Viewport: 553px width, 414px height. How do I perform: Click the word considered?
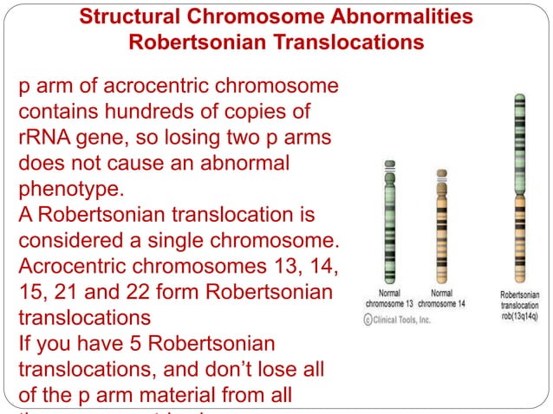73,238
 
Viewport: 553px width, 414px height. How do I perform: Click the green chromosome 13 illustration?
389,222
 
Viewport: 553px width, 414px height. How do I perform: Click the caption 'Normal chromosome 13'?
388,299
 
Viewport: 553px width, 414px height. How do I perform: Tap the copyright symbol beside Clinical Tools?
368,320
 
